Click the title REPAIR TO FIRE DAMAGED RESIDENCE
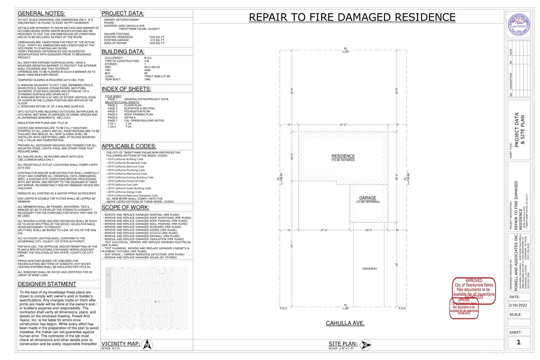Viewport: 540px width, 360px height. (x=352, y=17)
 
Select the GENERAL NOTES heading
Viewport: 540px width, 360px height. (x=42, y=13)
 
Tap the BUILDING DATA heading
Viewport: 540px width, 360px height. (x=123, y=52)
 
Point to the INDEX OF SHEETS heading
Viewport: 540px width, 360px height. (x=127, y=89)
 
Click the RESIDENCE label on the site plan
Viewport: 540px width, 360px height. (x=343, y=156)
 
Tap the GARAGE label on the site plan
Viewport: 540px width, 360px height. (x=368, y=198)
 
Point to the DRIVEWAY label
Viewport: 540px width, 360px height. (x=370, y=269)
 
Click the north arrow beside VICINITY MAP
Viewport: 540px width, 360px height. (x=148, y=345)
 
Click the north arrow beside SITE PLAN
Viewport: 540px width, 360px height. (x=365, y=345)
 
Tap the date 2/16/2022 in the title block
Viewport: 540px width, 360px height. (x=518, y=305)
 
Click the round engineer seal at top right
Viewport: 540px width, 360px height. (x=518, y=24)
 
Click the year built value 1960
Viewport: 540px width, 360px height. (x=148, y=79)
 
